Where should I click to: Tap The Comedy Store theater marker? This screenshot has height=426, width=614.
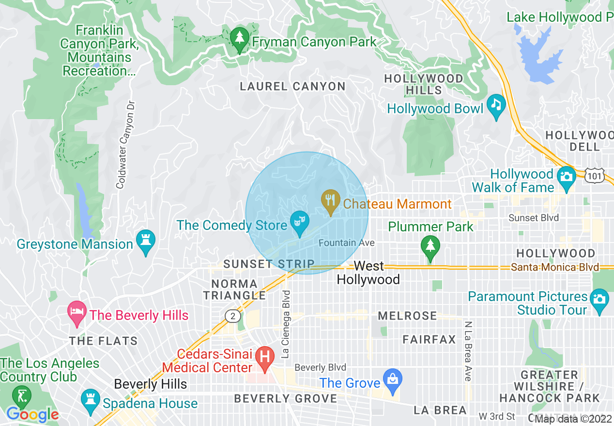[299, 223]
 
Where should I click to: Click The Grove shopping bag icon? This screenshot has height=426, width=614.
[392, 380]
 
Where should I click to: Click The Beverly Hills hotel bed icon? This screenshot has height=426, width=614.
[78, 312]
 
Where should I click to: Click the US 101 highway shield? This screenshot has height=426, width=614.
[594, 176]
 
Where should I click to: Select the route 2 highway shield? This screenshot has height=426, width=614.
[233, 316]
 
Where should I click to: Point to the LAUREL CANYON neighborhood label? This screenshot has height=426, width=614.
[293, 87]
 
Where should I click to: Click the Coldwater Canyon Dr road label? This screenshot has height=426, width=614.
[125, 144]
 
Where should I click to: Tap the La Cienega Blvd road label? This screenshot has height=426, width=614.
[286, 324]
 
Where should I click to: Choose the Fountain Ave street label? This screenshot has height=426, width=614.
[346, 243]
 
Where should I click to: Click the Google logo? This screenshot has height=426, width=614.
[32, 414]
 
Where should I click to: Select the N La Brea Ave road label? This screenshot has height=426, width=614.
[468, 351]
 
